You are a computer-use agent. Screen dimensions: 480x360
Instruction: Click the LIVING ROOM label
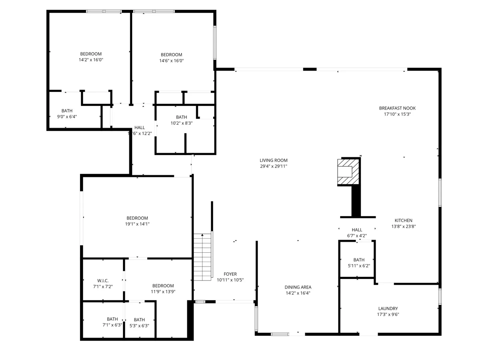pos(273,160)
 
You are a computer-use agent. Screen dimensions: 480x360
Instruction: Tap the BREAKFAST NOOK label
pos(397,108)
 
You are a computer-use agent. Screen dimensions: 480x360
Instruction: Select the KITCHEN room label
pos(403,220)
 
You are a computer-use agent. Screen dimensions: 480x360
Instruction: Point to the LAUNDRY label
pos(388,308)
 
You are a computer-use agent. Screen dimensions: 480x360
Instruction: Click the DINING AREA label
pos(298,287)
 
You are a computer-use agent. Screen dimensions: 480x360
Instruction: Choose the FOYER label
pos(230,274)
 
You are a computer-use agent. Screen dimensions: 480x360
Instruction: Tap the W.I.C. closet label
pos(103,281)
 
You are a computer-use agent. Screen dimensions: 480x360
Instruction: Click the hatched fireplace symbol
pos(348,172)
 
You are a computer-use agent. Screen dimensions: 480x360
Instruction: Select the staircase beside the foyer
pos(203,257)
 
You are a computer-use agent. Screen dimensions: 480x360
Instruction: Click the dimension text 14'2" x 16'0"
pos(91,60)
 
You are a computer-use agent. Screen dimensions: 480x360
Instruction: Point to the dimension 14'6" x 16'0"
pos(171,61)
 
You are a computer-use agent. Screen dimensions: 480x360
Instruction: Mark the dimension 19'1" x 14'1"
pos(137,224)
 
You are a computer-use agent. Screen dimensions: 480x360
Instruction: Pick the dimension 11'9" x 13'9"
pos(163,292)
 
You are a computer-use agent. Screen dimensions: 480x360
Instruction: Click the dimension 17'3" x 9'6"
pos(388,314)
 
